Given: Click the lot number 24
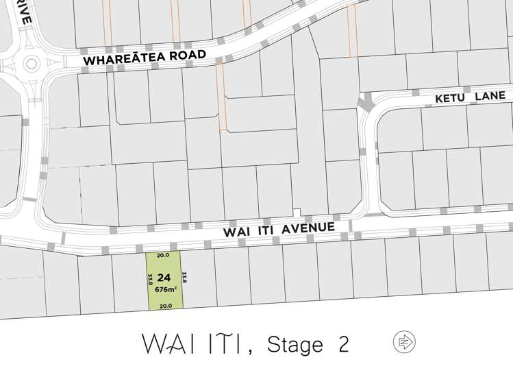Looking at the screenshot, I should [x=164, y=278].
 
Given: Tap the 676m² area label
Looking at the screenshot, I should [x=165, y=289].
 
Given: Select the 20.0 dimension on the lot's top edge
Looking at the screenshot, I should [x=162, y=255].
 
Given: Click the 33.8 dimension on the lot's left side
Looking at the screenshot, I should [x=150, y=280].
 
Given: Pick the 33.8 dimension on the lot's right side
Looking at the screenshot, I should [x=184, y=278].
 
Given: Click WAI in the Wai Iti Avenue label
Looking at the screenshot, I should [x=235, y=232].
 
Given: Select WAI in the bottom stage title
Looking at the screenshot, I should [x=164, y=342].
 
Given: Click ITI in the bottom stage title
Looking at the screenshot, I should [x=222, y=342].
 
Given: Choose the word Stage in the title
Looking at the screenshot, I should [x=294, y=343].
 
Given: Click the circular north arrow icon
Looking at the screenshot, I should [x=405, y=341].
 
